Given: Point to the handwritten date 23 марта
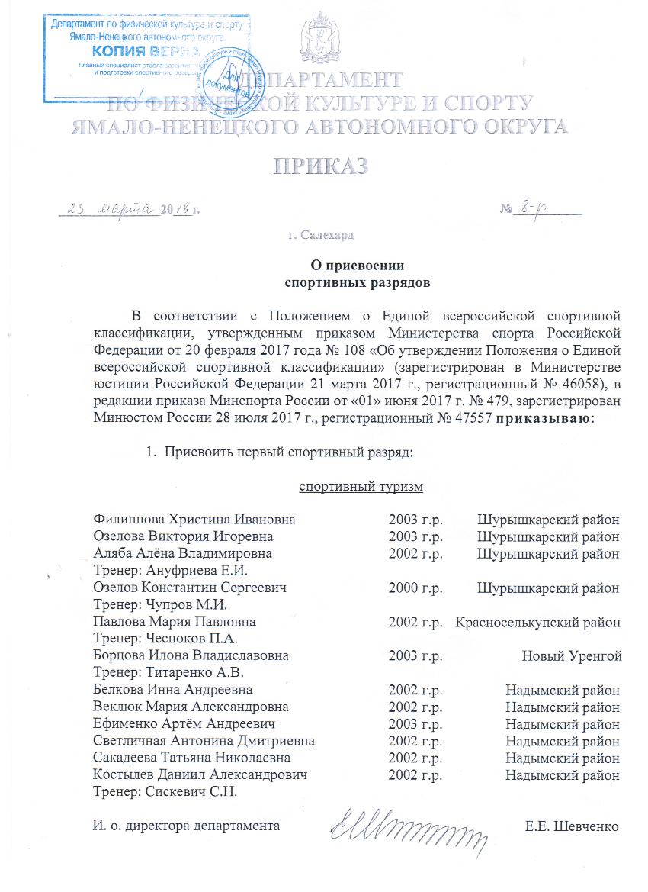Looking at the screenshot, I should [110, 208].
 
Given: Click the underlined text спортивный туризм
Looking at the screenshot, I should [360, 486].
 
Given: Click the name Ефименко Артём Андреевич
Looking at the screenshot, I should [184, 723].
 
